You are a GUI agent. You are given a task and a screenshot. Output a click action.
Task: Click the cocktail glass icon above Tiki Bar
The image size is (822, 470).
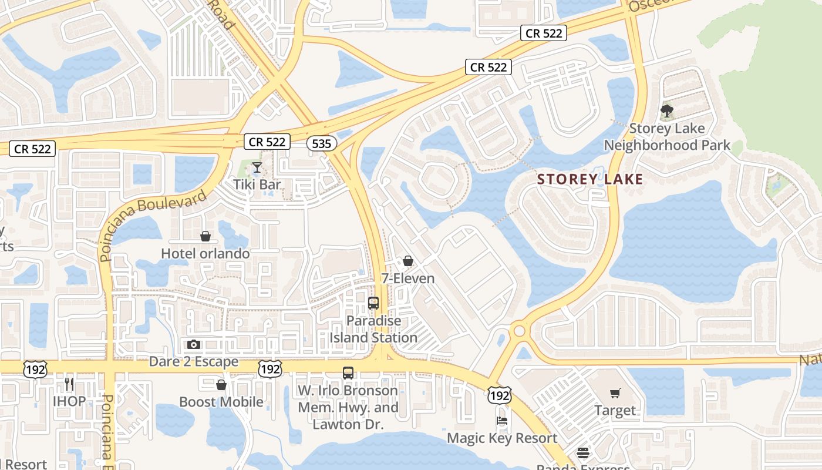click(257, 167)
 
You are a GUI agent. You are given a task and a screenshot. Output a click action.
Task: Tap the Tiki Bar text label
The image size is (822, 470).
click(257, 184)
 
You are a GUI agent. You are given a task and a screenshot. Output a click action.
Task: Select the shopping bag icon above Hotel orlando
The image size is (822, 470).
click(206, 236)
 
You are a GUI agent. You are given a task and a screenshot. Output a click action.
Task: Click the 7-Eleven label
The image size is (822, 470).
click(408, 278)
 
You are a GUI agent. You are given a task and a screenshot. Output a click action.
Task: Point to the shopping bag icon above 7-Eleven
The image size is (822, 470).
click(408, 261)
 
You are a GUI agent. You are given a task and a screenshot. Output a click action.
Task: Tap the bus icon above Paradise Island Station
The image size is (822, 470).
click(373, 303)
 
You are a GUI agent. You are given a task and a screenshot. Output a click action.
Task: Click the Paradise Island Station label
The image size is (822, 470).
click(373, 330)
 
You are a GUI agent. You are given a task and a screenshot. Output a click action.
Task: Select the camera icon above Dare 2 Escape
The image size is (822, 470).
click(194, 344)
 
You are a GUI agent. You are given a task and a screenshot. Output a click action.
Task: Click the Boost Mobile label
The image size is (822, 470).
click(221, 402)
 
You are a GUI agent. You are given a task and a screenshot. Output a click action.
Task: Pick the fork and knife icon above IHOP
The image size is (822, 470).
click(69, 384)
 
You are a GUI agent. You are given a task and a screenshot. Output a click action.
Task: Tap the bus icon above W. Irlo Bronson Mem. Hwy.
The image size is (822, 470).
click(348, 373)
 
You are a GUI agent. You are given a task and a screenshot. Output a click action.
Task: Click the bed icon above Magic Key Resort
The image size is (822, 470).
click(502, 421)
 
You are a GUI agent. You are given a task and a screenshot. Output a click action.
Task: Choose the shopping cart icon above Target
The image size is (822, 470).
click(615, 393)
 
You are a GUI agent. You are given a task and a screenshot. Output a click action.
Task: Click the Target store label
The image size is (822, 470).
click(615, 410)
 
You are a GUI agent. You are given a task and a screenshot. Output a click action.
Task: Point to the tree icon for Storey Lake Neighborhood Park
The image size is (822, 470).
click(666, 110)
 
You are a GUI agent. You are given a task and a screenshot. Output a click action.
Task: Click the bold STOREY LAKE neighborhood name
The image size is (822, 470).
click(590, 179)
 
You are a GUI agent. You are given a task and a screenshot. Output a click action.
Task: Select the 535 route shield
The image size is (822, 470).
click(322, 143)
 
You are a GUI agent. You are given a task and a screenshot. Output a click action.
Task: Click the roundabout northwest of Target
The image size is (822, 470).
click(519, 331)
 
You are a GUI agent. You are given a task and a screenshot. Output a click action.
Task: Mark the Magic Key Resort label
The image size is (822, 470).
click(502, 438)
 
